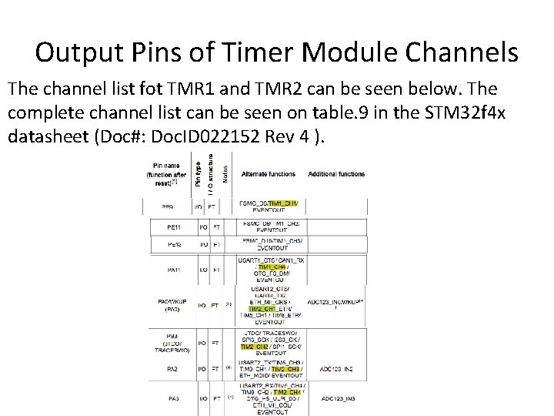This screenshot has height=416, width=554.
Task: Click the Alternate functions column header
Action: point(269,174)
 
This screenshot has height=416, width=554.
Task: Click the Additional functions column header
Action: point(336,174)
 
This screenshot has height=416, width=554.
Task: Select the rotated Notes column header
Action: point(225,166)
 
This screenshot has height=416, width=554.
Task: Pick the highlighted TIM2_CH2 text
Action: point(256,347)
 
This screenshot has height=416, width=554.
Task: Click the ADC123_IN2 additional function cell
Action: point(336,370)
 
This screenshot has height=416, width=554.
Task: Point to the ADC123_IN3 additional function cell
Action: point(338,398)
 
